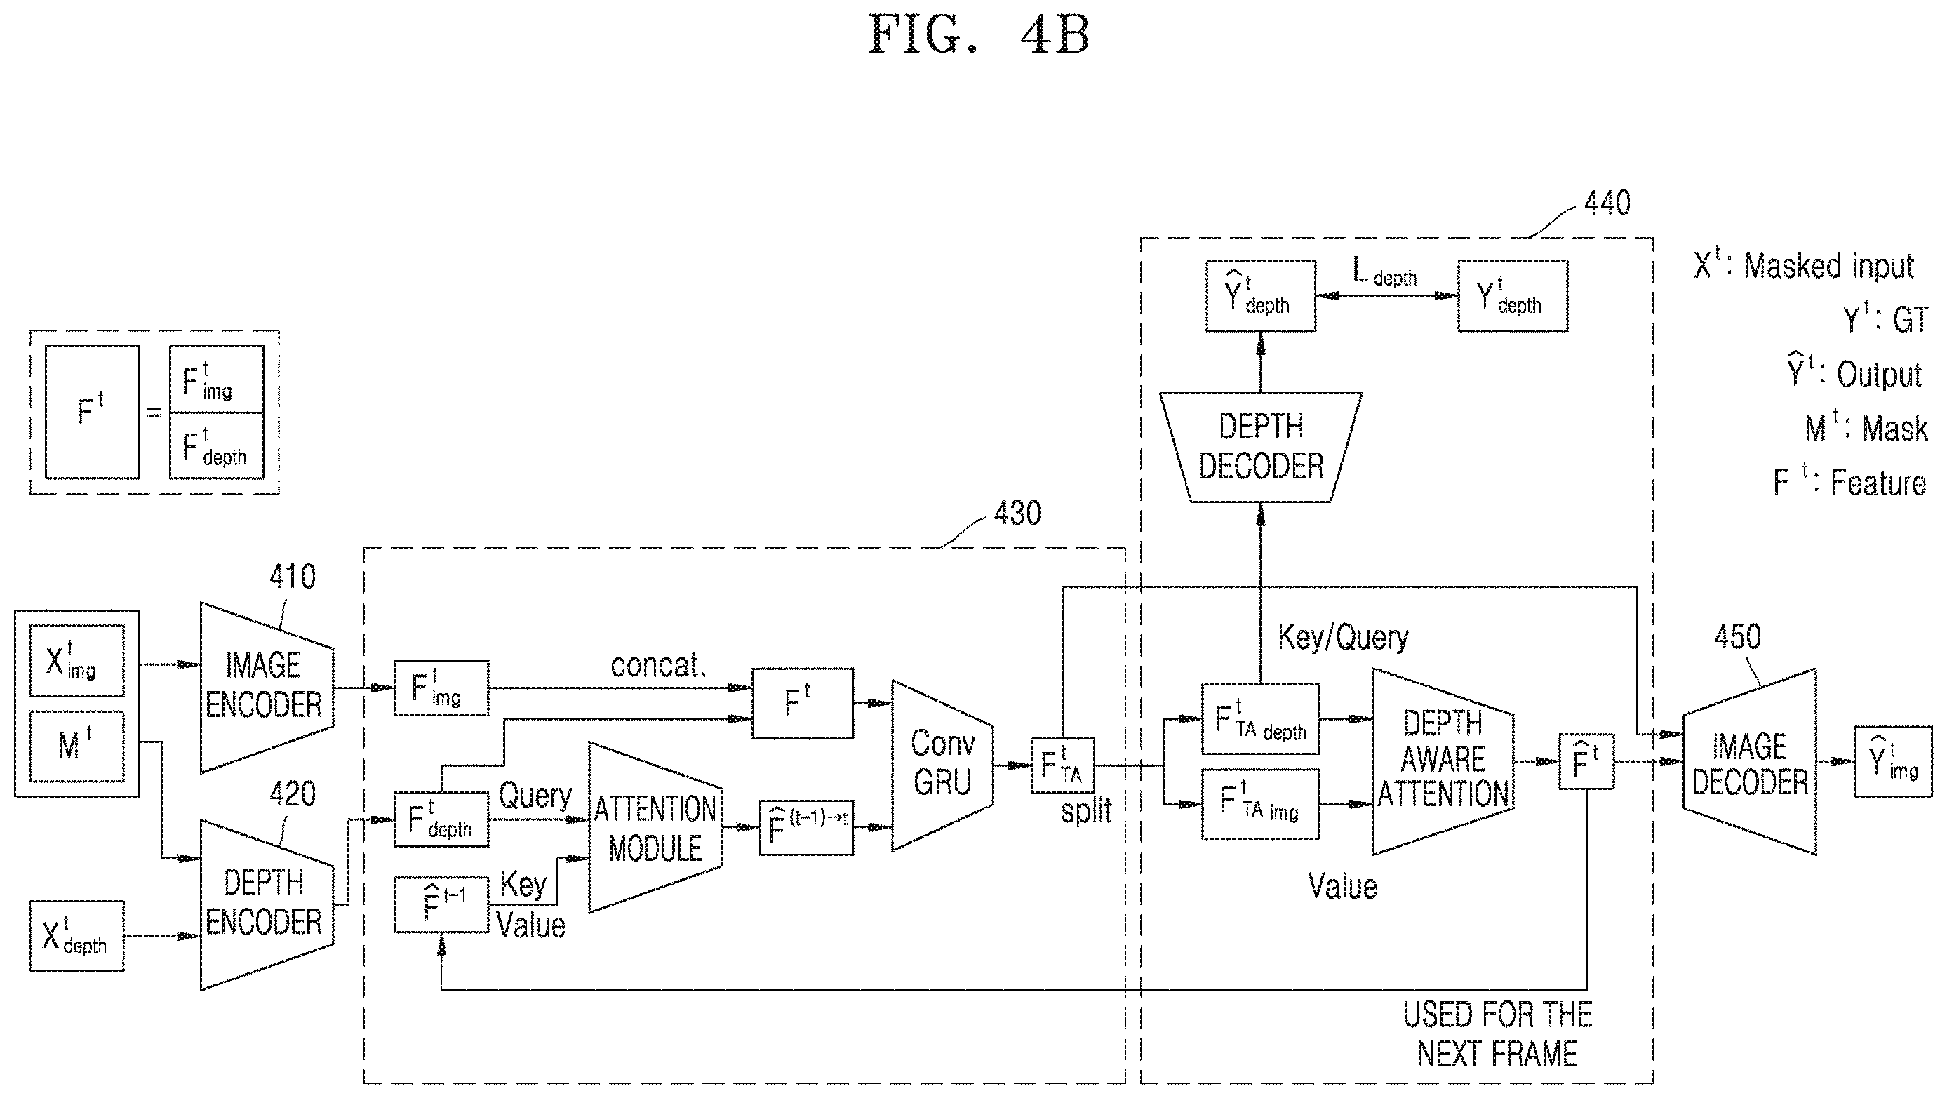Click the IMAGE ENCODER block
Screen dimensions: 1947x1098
point(266,687)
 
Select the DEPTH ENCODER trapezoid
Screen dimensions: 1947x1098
point(266,904)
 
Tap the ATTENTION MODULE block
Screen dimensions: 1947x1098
point(655,828)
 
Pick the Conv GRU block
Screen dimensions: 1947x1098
point(942,765)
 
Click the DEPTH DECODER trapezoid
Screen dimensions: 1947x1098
point(1261,448)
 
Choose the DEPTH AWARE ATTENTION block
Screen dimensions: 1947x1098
point(1443,761)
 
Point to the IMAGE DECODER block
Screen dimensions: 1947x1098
point(1750,762)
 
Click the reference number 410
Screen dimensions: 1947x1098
point(293,577)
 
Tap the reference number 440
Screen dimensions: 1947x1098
point(1607,203)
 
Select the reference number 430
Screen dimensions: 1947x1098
point(1017,514)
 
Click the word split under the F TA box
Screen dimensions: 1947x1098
point(1086,811)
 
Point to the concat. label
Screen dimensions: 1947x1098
point(657,665)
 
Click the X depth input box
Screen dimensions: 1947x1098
point(76,935)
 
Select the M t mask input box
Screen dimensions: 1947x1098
point(76,746)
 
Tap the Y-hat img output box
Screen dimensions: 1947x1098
point(1892,761)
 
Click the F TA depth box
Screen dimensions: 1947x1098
point(1260,718)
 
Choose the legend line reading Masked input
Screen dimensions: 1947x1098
point(1803,265)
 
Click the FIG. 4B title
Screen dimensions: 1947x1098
point(979,35)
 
